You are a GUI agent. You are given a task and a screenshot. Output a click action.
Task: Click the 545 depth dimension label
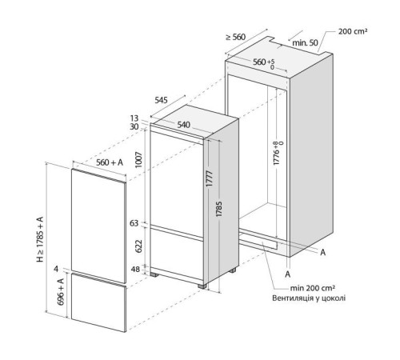(x=161, y=100)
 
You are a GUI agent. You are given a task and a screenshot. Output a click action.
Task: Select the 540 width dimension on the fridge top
(x=183, y=125)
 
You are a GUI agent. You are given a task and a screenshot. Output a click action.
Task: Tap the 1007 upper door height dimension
(x=139, y=160)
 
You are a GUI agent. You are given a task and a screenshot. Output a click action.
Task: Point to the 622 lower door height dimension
(x=139, y=246)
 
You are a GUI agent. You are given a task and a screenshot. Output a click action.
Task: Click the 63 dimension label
(x=134, y=223)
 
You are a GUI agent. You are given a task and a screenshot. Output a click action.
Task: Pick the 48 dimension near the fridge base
(x=135, y=270)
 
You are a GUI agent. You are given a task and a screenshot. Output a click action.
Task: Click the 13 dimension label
(x=134, y=118)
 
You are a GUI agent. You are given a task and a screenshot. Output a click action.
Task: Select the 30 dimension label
(x=134, y=126)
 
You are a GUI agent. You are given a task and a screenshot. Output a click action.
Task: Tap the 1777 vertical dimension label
(x=210, y=178)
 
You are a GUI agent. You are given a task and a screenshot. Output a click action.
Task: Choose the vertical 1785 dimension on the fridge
(x=219, y=209)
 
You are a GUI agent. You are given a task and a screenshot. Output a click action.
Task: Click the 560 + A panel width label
(x=110, y=162)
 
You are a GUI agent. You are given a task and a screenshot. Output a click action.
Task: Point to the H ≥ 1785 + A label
(x=40, y=239)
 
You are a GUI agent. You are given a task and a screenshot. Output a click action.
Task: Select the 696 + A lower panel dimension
(x=61, y=292)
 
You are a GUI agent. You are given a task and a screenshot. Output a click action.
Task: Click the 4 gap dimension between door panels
(x=56, y=269)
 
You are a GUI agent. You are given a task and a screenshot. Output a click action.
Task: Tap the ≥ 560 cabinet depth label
(x=236, y=37)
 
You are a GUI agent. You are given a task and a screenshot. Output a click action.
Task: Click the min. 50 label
(x=305, y=42)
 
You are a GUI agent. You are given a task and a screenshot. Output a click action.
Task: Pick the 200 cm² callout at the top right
(x=353, y=31)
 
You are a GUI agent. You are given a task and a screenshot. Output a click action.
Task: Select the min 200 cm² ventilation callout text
(x=313, y=288)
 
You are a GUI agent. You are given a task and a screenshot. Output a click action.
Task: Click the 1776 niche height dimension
(x=278, y=153)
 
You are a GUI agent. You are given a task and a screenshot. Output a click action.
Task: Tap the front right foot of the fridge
(x=202, y=286)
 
